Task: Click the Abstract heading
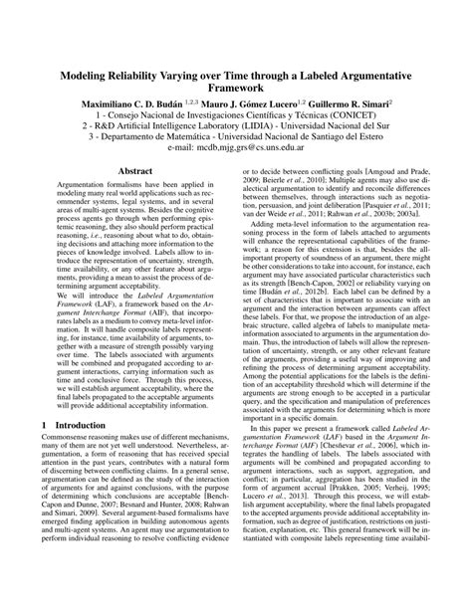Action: pyautogui.click(x=134, y=171)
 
